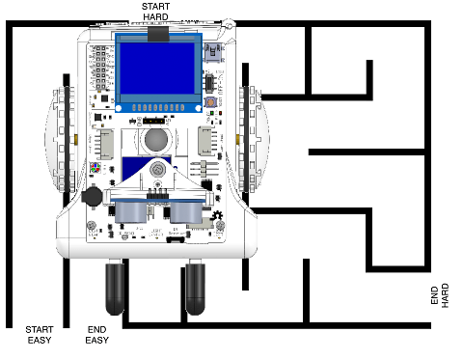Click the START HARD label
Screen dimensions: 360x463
[x=155, y=11]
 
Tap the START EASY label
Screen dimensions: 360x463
[x=40, y=334]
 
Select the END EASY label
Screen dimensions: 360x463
[x=97, y=334]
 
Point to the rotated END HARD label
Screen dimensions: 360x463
[x=438, y=296]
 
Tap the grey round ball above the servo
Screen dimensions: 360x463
[x=155, y=140]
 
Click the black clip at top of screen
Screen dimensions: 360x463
[x=157, y=36]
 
